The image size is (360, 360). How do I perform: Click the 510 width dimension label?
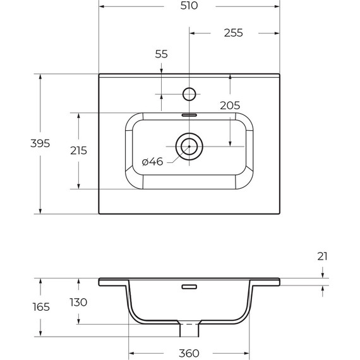(x=189, y=6)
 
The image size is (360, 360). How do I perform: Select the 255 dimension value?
(x=233, y=33)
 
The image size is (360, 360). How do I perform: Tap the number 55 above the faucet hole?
(x=162, y=54)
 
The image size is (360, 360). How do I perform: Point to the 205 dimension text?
(x=230, y=105)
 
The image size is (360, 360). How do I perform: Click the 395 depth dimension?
(x=40, y=143)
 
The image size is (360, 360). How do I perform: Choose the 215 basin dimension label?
(x=78, y=150)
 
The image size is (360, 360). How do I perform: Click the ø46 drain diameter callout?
(x=152, y=162)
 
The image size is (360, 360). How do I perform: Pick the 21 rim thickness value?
(x=322, y=256)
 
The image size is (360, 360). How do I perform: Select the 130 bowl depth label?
(x=78, y=303)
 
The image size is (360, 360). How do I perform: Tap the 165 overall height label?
(x=41, y=307)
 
